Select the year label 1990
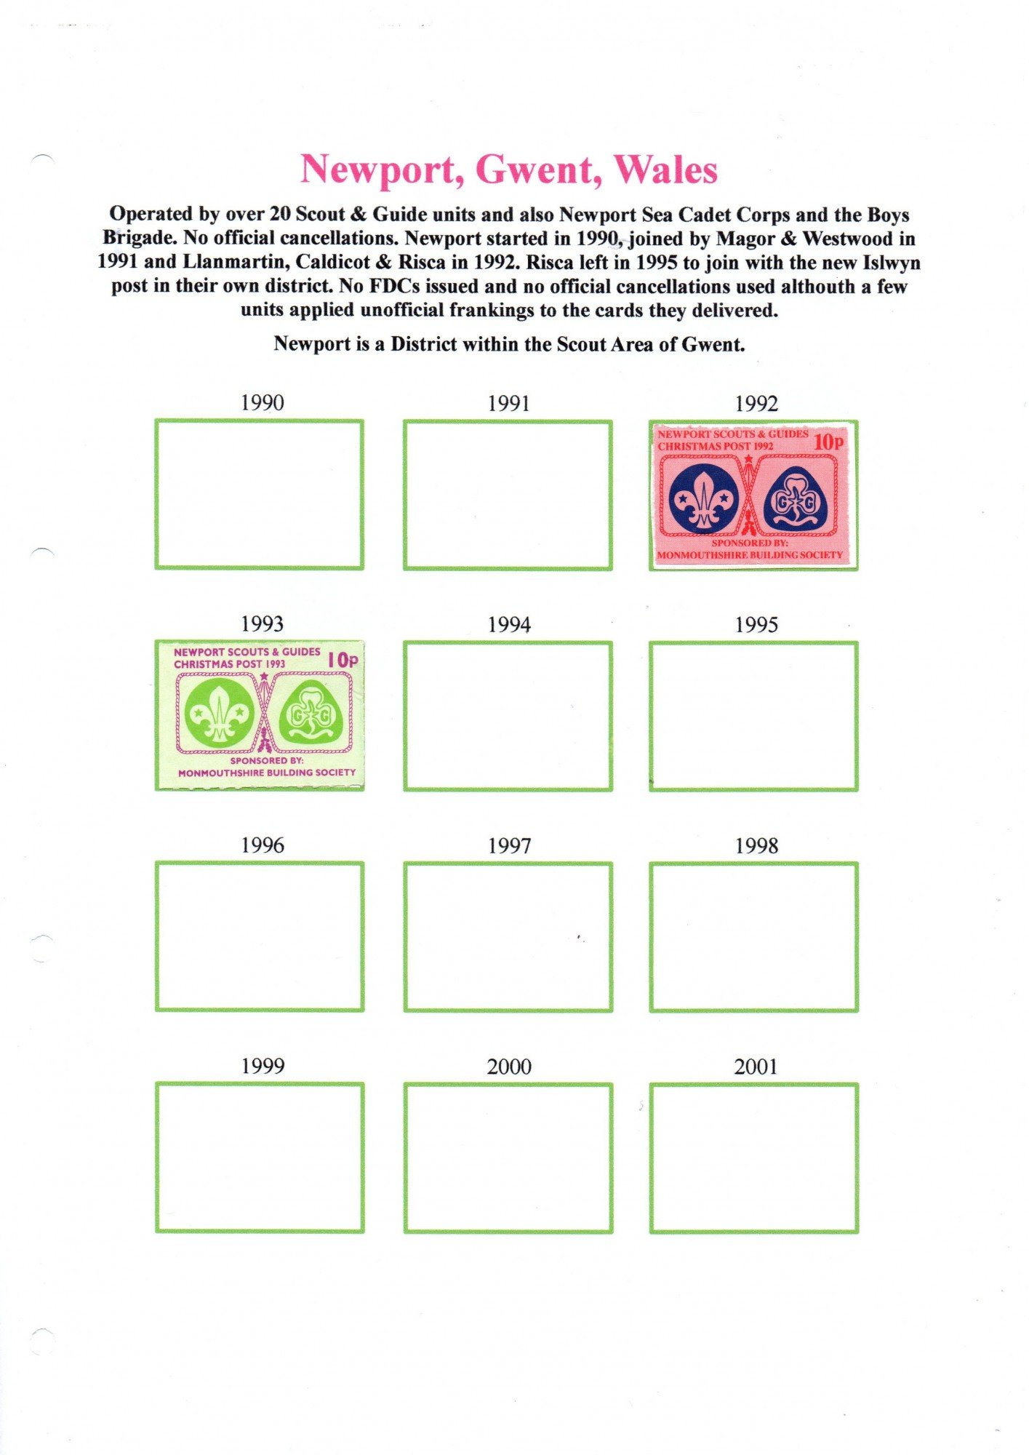tap(262, 402)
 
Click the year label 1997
tap(509, 845)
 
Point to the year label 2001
tap(756, 1067)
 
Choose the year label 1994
tap(509, 624)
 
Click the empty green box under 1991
tap(508, 495)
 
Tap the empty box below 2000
tap(508, 1158)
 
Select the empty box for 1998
tap(754, 937)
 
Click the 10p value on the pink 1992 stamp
tap(828, 442)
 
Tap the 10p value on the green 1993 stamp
tap(343, 660)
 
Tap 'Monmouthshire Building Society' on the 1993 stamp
tap(267, 773)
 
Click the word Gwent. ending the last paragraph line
tap(713, 344)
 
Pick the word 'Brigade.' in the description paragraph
tap(140, 238)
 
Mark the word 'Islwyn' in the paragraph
tap(891, 262)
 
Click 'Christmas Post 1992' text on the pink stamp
tap(716, 446)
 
